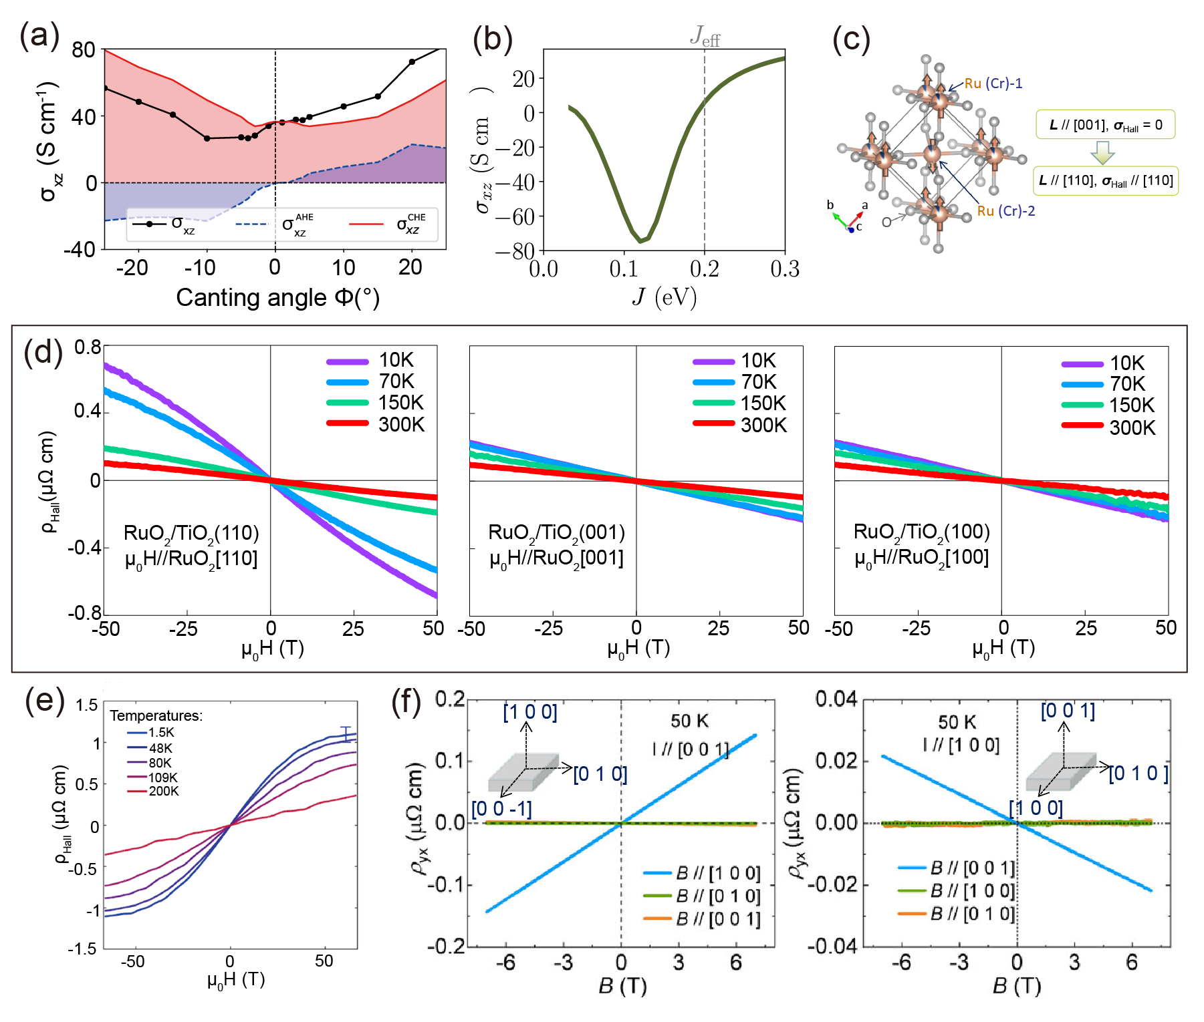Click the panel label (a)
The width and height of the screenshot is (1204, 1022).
click(39, 35)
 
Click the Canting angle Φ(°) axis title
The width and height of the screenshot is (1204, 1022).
click(277, 297)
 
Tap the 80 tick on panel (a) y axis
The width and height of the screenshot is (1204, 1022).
click(84, 50)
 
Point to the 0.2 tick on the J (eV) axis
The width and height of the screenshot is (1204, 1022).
click(704, 269)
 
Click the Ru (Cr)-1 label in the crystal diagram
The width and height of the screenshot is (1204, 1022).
click(993, 83)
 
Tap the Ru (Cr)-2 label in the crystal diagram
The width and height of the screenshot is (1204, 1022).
click(1005, 211)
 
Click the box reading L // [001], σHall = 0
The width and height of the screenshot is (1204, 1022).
click(1105, 125)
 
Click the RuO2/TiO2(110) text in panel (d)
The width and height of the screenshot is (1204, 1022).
click(191, 533)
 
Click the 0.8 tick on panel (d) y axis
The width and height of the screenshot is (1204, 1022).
click(88, 347)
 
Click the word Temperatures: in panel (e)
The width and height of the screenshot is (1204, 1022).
click(156, 716)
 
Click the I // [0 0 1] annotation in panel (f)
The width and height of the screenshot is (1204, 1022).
click(691, 749)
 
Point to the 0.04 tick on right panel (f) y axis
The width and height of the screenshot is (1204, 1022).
click(836, 699)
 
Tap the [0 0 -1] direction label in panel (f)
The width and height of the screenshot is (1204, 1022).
click(501, 809)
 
